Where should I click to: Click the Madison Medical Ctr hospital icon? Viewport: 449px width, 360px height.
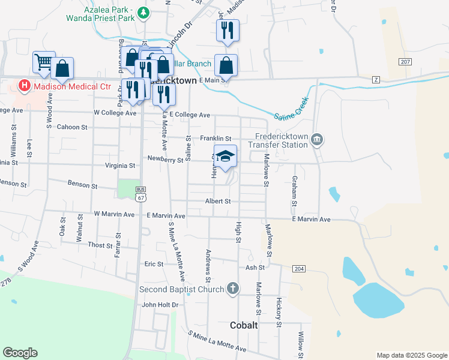coord(25,86)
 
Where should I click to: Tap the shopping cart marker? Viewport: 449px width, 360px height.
coord(44,62)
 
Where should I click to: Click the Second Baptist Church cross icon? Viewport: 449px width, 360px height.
coord(233,289)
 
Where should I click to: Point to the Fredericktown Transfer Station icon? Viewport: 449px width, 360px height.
coord(317,140)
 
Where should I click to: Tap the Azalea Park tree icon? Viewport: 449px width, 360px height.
coord(143,12)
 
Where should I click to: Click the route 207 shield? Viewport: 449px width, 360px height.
coord(405,62)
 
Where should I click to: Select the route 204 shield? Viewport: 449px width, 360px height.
coord(299,268)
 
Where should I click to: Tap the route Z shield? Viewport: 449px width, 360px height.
coord(376,79)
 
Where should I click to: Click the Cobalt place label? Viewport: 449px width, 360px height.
coord(244,325)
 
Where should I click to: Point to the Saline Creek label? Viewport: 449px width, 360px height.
coord(291,109)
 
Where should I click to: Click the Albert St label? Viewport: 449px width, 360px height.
coord(218,202)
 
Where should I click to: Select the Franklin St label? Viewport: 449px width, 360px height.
coord(215,139)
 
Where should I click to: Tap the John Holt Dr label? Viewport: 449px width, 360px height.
coord(160,305)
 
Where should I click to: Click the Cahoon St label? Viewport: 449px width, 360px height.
coord(72,127)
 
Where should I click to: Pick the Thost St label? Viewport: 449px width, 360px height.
coord(96,245)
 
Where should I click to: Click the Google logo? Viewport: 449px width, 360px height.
coord(20,353)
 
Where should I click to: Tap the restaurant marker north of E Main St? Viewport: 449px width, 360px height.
coord(228,31)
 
